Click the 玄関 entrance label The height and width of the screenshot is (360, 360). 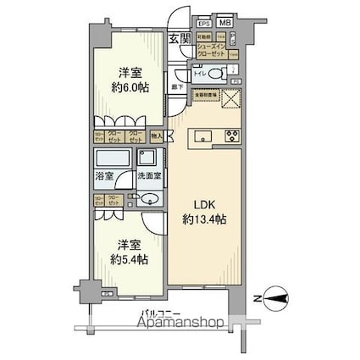(x=178, y=39)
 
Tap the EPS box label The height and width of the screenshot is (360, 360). (x=203, y=25)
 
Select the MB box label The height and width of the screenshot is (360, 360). (x=225, y=25)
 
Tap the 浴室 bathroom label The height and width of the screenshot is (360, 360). (x=102, y=179)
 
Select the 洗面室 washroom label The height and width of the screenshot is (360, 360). (x=147, y=179)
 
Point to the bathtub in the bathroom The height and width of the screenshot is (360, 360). (x=112, y=159)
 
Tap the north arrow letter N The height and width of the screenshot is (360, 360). (x=257, y=297)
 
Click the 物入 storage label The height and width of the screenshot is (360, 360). (x=157, y=136)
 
